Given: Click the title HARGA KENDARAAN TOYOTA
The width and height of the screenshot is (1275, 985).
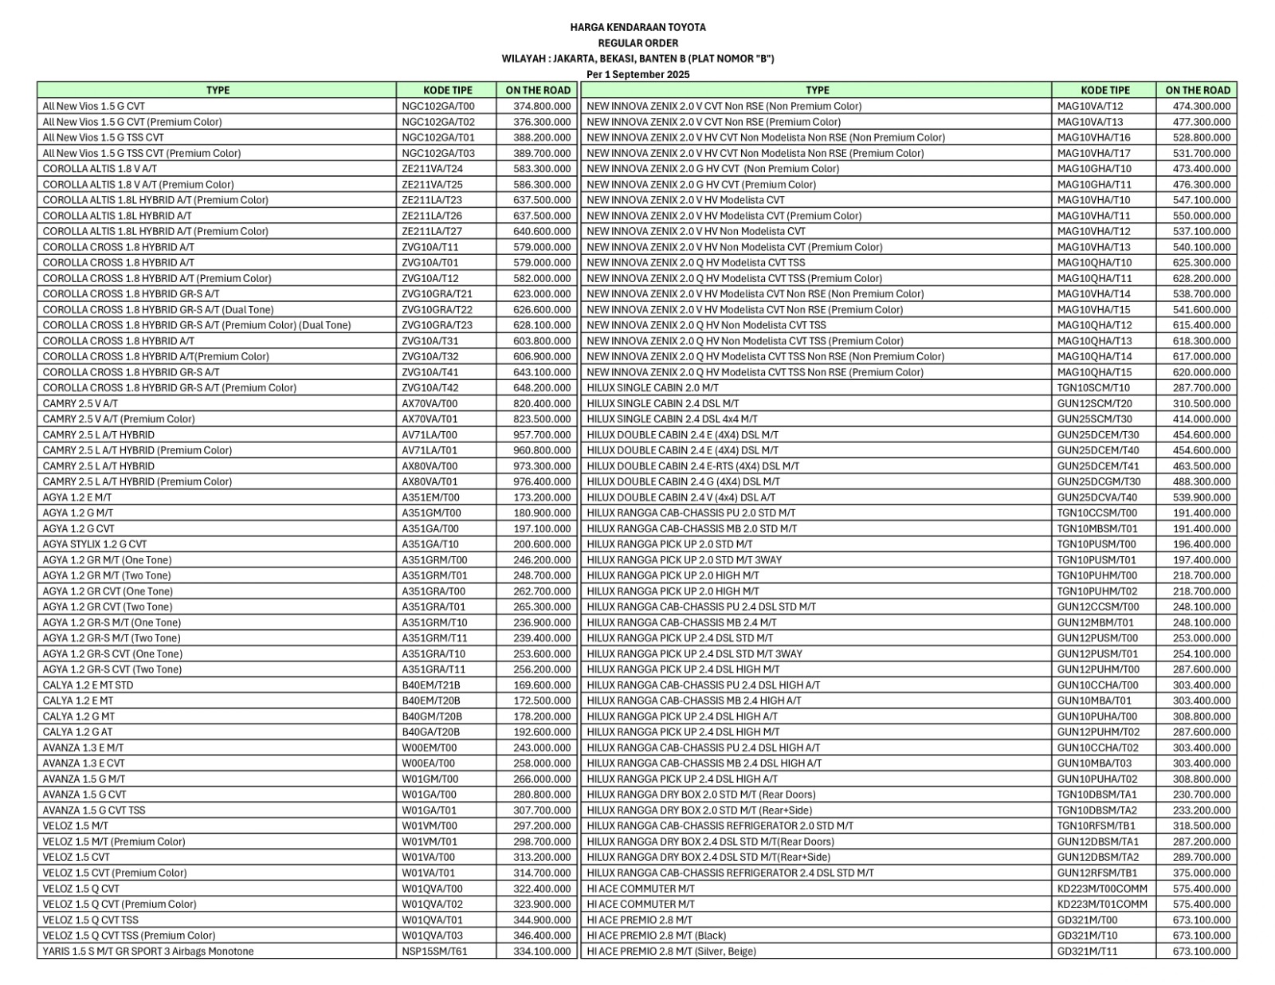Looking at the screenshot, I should (x=637, y=27).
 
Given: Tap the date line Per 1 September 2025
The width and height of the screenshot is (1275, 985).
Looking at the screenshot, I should (x=637, y=74).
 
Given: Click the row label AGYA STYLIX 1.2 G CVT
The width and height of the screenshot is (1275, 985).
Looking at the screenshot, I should (x=95, y=544).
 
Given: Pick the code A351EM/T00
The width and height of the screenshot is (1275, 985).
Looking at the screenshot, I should (x=430, y=497).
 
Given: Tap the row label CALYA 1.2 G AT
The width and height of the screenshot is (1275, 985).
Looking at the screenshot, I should (x=78, y=732).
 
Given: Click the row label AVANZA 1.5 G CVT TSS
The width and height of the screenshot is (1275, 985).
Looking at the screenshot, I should (x=94, y=810).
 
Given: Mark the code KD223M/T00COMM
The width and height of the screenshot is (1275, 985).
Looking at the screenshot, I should (x=1102, y=889).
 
